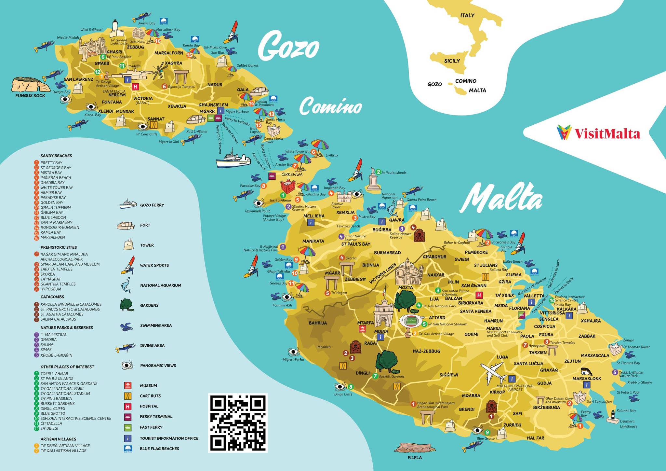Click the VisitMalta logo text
pos(607,134)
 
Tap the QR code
pos(238,423)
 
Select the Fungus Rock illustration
pos(30,85)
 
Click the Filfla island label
pos(415,457)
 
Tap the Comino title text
pos(330,107)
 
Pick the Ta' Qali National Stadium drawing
pos(412,321)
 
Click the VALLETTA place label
pos(534,296)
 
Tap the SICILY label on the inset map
pos(452,61)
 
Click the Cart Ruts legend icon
pos(128,396)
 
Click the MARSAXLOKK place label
pos(587,379)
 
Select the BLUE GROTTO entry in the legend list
pos(53,413)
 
